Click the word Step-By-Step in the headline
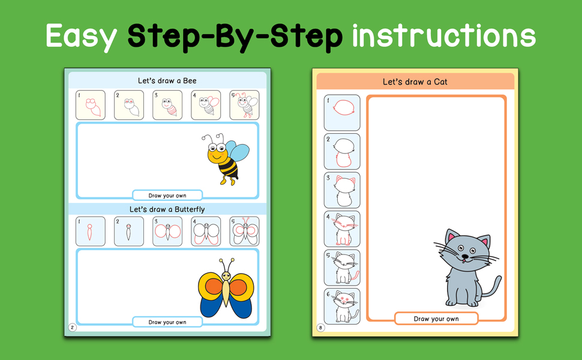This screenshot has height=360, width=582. [x=235, y=37]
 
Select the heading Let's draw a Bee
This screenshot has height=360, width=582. [x=167, y=80]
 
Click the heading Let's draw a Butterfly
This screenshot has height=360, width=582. [x=167, y=209]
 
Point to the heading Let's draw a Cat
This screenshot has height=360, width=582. [x=415, y=82]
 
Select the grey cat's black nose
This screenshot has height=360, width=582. [x=465, y=256]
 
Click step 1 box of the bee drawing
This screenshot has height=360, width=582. [x=91, y=105]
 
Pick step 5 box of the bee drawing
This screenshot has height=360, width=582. [x=244, y=105]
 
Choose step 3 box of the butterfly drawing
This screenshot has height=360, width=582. [x=167, y=232]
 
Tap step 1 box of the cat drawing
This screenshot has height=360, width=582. [x=342, y=112]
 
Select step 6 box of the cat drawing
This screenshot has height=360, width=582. [x=342, y=306]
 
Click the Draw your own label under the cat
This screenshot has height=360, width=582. [x=436, y=319]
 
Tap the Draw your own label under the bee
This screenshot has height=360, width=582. [x=167, y=196]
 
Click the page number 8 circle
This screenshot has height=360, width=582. [x=320, y=328]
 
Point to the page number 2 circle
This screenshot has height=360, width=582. [x=73, y=328]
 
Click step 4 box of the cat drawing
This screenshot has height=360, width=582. [x=342, y=229]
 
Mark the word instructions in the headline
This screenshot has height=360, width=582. [x=444, y=35]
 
